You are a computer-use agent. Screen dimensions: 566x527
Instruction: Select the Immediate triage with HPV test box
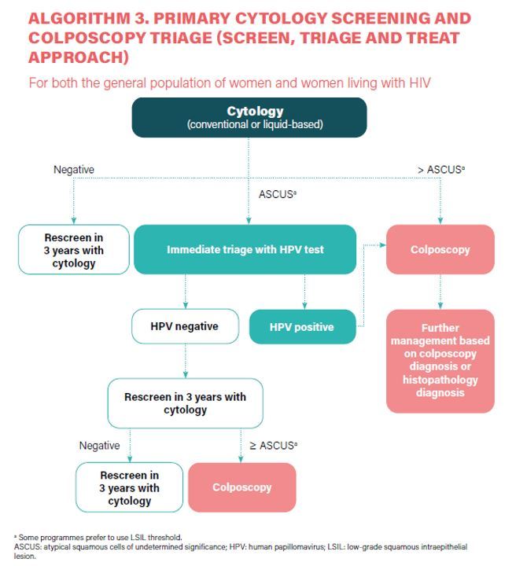coord(245,249)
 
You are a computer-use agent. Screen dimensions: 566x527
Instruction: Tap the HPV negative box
coord(185,326)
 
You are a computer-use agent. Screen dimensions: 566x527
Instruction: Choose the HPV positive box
coord(301,327)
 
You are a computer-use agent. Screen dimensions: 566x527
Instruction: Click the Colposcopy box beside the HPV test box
coord(440,249)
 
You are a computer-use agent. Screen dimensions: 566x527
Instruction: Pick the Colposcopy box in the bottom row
coord(241,487)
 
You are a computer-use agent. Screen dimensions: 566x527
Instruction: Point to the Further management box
coord(440,360)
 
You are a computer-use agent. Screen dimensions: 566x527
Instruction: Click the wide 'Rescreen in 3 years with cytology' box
coord(185,403)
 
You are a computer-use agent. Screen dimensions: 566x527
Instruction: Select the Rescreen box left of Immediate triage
coord(73,250)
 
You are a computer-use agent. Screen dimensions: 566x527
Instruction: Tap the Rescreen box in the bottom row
coord(129,487)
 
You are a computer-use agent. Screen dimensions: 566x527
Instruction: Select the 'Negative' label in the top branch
coord(74,169)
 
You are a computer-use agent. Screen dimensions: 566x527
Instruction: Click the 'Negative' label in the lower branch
coord(99,446)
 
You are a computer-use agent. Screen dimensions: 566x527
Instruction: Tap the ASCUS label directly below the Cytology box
coord(278,193)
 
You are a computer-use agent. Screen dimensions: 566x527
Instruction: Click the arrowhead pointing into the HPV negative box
coord(185,306)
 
